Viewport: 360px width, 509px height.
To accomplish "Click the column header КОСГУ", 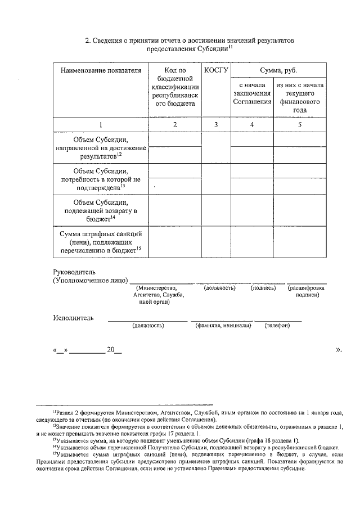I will click(215, 70).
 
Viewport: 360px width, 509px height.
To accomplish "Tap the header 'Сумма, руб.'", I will click(278, 70).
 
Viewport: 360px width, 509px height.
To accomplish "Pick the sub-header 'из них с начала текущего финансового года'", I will click(299, 97).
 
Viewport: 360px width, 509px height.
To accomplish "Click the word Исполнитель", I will click(74, 318).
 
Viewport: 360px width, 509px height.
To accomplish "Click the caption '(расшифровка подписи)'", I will click(307, 291).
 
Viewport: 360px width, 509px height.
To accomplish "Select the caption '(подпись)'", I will click(263, 288).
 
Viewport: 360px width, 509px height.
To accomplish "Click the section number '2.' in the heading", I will click(88, 41).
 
